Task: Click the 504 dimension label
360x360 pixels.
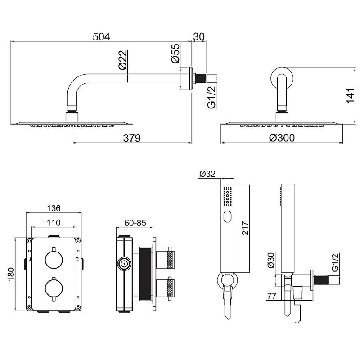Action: click(x=101, y=37)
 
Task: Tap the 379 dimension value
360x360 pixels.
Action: click(x=132, y=138)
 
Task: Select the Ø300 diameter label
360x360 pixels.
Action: click(x=282, y=138)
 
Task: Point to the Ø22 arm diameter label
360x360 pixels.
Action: click(x=123, y=60)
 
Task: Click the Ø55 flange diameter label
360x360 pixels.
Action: click(x=175, y=53)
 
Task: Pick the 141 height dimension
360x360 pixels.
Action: click(x=351, y=95)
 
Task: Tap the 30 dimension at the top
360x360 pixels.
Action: click(x=199, y=37)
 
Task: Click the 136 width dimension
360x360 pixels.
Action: click(x=54, y=208)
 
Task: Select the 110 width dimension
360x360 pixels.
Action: click(x=54, y=222)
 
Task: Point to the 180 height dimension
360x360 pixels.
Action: click(x=11, y=274)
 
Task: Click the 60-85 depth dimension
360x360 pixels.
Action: click(x=135, y=223)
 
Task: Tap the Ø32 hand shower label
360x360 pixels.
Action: click(x=207, y=174)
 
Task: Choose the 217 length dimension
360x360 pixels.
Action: click(x=245, y=228)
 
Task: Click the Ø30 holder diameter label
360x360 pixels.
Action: click(x=271, y=260)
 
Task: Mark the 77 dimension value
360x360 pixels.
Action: click(x=272, y=296)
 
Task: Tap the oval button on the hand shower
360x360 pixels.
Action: click(x=227, y=216)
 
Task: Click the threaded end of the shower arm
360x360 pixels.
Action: click(x=202, y=78)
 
